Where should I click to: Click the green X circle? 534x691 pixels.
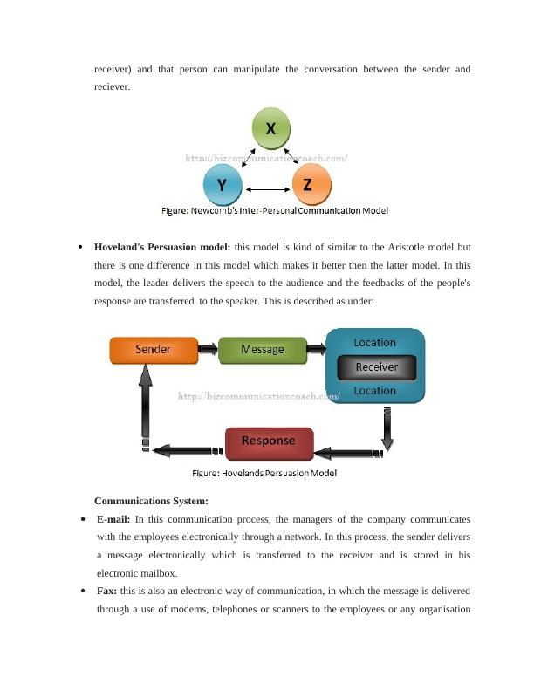(271, 129)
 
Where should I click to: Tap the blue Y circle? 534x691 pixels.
(222, 185)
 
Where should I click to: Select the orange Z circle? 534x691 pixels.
(308, 185)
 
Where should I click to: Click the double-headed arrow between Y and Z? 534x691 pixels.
(265, 188)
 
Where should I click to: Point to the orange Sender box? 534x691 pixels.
(153, 350)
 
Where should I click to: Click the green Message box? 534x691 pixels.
(262, 350)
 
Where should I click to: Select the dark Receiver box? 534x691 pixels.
(376, 367)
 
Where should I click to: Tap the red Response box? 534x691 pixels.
(268, 441)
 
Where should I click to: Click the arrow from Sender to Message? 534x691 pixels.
(208, 350)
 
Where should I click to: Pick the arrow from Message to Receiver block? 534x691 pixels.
(317, 350)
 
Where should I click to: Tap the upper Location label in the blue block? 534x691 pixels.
(374, 343)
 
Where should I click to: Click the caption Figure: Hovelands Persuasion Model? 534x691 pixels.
(264, 474)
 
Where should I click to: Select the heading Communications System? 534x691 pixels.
(151, 501)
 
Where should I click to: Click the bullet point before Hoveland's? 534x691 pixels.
(80, 247)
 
